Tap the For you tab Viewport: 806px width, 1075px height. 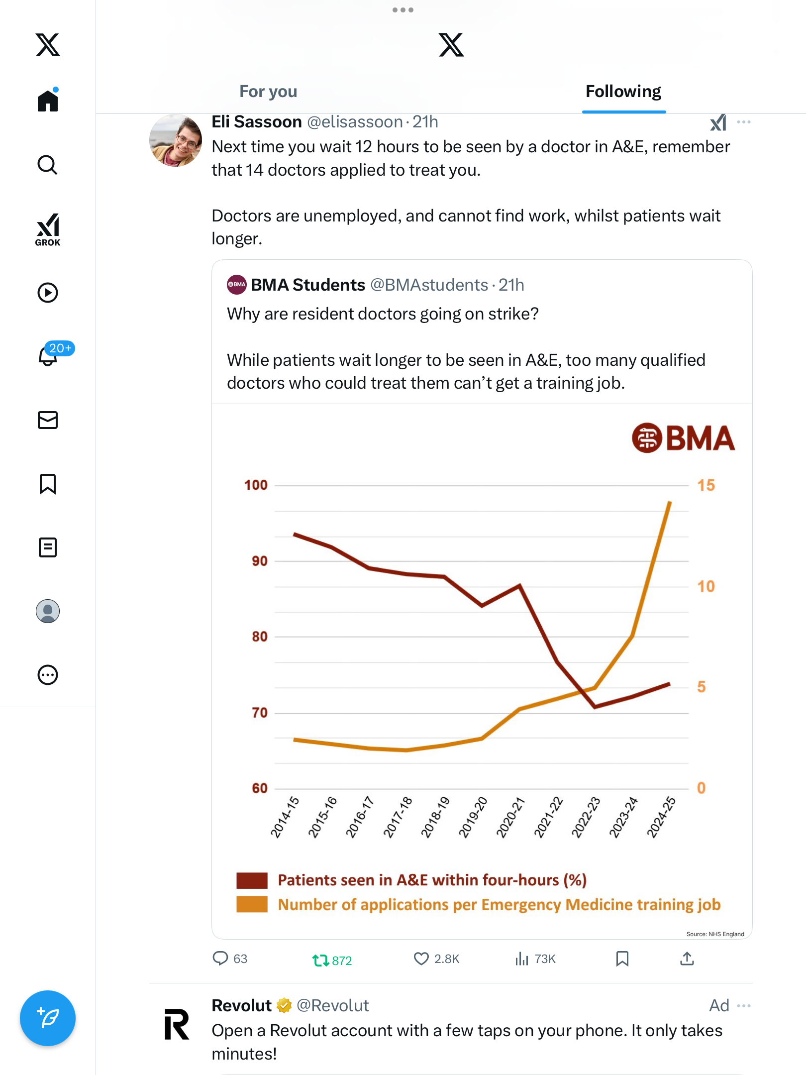tap(268, 92)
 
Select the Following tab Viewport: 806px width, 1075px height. tap(623, 92)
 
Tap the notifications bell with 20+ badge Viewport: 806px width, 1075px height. tap(48, 355)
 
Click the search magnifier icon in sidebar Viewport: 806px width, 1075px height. tap(48, 165)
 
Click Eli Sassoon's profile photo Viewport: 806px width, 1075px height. tap(176, 141)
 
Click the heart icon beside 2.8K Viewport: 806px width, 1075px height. tap(421, 959)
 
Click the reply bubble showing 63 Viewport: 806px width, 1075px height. tap(220, 959)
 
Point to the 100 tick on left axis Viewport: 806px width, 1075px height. tap(256, 485)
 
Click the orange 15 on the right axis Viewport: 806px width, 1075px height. tap(705, 485)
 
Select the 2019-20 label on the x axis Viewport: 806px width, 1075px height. tap(473, 817)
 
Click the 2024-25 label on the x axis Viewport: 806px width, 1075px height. tap(661, 817)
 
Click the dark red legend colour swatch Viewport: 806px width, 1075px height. tap(252, 880)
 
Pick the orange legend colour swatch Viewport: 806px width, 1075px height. tap(252, 904)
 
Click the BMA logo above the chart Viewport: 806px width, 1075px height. tap(683, 438)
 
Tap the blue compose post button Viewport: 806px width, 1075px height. tap(48, 1018)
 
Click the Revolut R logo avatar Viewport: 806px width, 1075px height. tap(177, 1024)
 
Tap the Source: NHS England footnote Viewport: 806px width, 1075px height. tap(715, 934)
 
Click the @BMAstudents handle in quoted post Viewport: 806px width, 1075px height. tap(429, 285)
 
